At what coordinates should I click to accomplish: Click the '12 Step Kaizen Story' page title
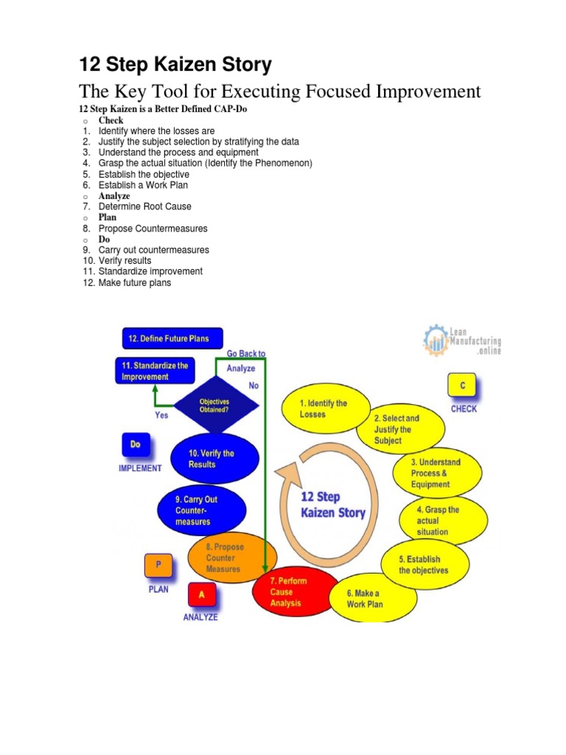[175, 65]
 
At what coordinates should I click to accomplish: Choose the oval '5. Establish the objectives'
[424, 565]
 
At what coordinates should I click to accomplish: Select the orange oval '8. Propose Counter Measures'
[232, 558]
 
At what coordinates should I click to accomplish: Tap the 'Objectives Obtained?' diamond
[217, 406]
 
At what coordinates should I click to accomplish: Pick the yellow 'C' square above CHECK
[463, 386]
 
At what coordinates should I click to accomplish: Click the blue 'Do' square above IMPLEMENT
[136, 445]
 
